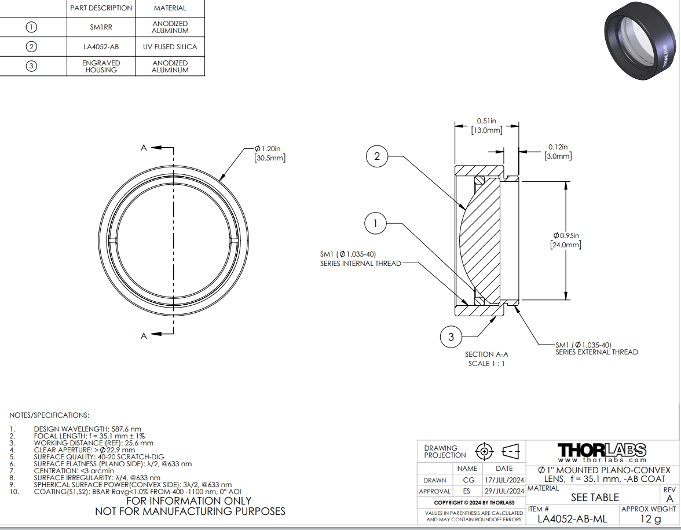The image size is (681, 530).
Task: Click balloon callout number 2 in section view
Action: coord(377,156)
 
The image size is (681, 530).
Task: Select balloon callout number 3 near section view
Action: coord(451,337)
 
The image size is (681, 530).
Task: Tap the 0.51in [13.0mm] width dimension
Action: coord(486,126)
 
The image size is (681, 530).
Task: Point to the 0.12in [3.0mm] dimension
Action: coord(558,152)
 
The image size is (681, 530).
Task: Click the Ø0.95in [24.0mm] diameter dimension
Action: coord(566,240)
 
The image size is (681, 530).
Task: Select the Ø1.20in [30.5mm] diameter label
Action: coord(270,153)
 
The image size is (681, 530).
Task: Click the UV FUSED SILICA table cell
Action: coord(170,47)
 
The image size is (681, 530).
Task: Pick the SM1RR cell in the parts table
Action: coord(101,27)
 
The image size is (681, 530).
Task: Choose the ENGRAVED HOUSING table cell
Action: coord(101,67)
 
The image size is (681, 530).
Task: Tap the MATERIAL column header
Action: coord(170,8)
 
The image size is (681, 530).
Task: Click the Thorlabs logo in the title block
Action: coord(602,452)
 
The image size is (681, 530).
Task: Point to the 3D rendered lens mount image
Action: coord(640,41)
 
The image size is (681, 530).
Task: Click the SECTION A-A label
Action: coord(486,354)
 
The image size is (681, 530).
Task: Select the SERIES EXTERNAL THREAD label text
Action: coord(596,352)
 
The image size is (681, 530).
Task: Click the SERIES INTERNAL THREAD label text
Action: coord(360,263)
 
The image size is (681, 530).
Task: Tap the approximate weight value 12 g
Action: coord(651,519)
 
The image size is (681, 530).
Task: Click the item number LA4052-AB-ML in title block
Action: coord(572,519)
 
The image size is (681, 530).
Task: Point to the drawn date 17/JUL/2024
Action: coord(504,480)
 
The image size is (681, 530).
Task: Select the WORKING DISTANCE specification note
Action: coord(93,443)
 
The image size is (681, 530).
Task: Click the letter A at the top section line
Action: coord(144,148)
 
